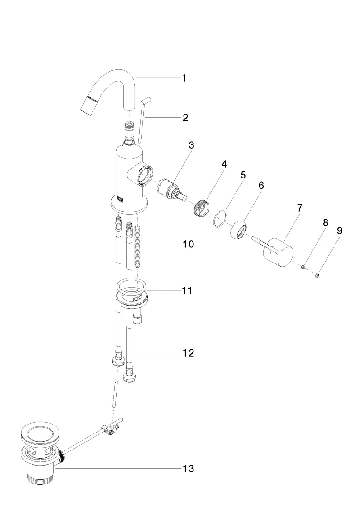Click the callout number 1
coord(184,78)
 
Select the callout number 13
coord(188,468)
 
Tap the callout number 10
coord(188,245)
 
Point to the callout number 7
coord(300,208)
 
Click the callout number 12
coord(188,353)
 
